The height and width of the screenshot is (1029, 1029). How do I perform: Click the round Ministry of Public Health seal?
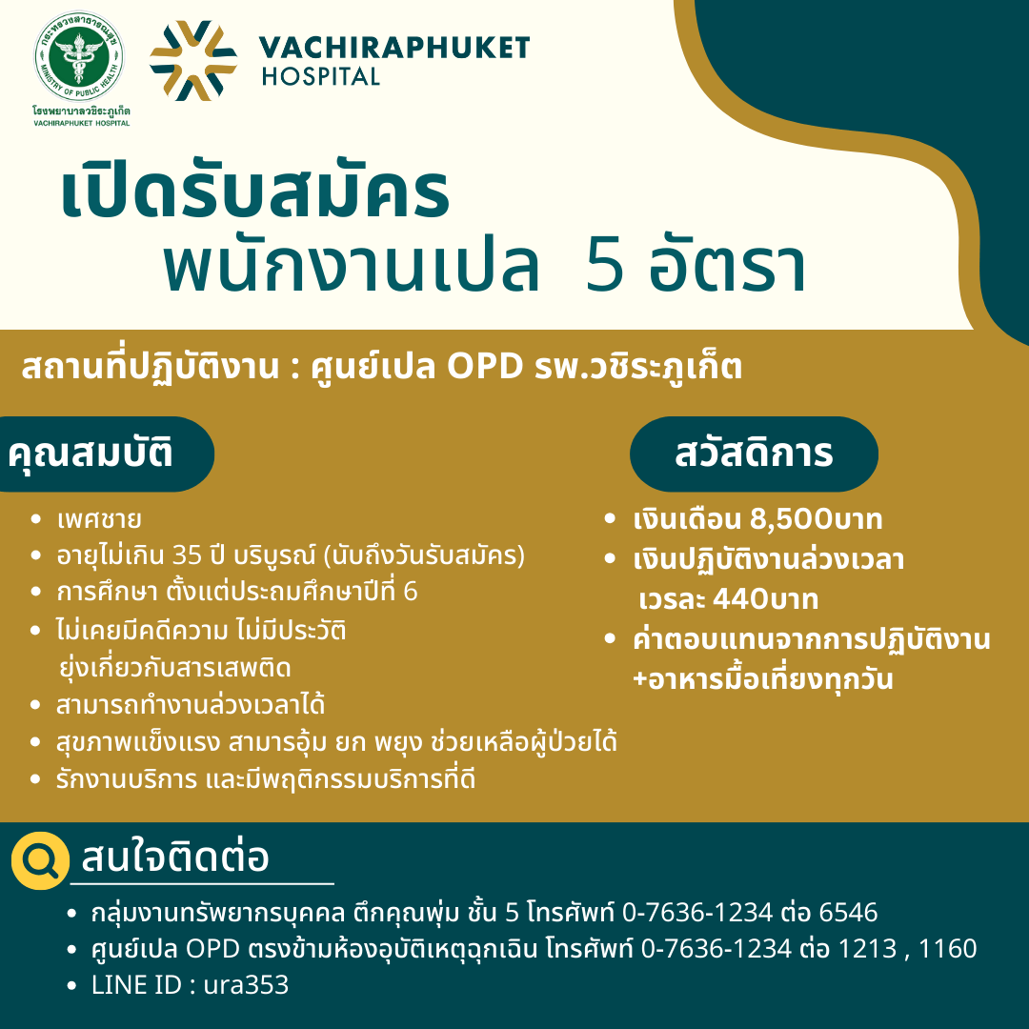[79, 56]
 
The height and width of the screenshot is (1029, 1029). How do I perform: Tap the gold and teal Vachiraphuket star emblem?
[192, 60]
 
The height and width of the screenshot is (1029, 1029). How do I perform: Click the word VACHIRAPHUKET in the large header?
[394, 48]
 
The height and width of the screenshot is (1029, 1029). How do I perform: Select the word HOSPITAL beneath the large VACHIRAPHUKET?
[321, 77]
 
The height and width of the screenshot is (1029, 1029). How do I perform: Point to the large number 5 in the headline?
[604, 268]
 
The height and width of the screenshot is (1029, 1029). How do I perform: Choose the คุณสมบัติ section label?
[91, 454]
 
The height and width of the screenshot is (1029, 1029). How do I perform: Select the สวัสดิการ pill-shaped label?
[754, 454]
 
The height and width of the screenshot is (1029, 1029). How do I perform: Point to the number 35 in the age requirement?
[187, 555]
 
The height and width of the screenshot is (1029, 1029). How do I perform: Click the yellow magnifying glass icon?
[40, 860]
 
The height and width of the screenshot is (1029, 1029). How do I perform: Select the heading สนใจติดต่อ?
[174, 857]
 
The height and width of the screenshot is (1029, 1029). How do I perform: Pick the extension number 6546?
[849, 913]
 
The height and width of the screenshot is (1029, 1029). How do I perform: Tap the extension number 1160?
[948, 949]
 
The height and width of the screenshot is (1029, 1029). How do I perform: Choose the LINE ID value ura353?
[246, 985]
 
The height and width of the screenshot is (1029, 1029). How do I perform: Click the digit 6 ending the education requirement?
[410, 592]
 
